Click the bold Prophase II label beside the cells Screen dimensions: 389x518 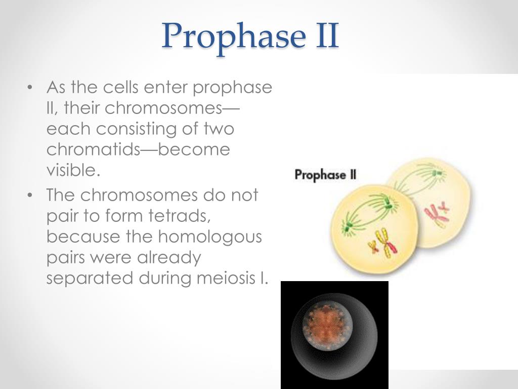pos(325,175)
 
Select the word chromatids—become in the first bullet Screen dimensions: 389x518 pos(138,149)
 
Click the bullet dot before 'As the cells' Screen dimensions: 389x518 pos(31,88)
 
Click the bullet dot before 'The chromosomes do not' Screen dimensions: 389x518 pos(31,195)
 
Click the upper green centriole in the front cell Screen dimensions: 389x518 pos(388,204)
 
